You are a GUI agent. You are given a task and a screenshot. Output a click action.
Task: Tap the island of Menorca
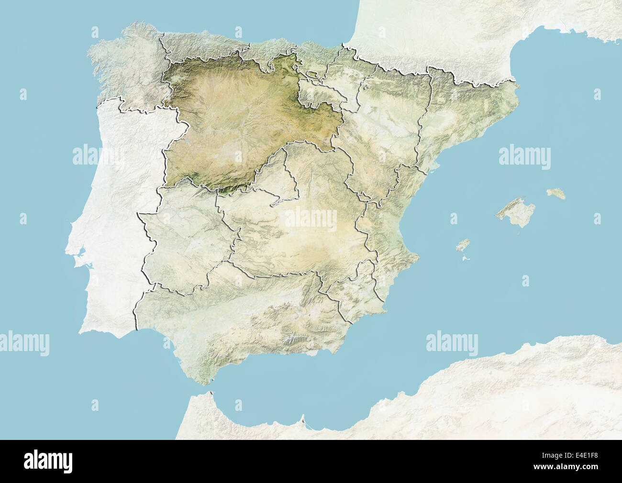point(556,194)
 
